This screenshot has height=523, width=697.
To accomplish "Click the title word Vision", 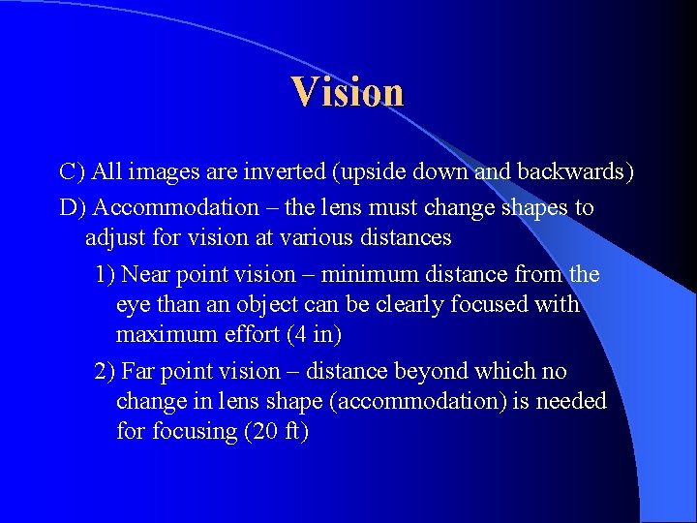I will click(348, 92).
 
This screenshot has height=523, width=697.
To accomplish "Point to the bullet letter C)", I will click(73, 172).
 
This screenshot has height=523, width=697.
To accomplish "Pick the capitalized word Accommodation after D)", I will click(175, 207).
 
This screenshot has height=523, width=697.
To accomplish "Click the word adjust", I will click(114, 236).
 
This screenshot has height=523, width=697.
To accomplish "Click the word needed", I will click(570, 401).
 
